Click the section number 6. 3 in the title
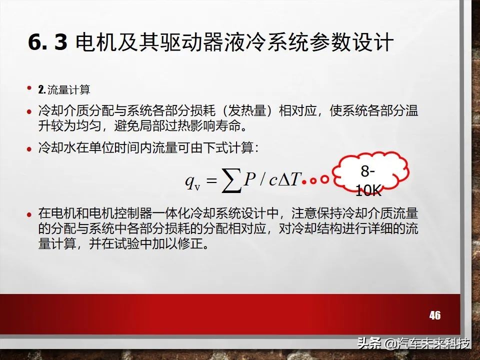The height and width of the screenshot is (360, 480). [47, 43]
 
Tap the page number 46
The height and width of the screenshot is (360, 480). [434, 315]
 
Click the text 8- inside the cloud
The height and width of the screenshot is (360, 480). [368, 171]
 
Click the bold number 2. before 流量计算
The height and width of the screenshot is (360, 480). [42, 90]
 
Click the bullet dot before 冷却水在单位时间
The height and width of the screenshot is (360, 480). [29, 149]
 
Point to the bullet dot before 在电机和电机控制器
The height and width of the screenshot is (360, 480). [29, 213]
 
